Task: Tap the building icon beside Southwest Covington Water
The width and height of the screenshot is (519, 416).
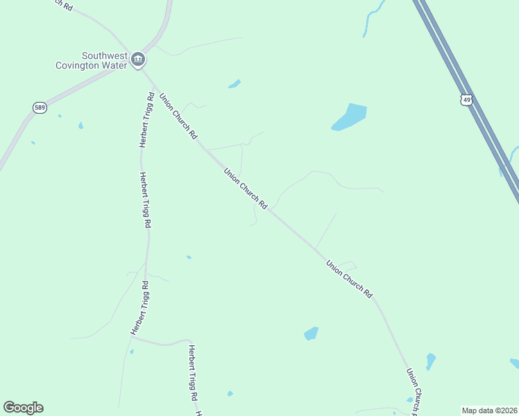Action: coord(138,60)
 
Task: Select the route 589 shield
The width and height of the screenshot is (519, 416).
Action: coord(40,107)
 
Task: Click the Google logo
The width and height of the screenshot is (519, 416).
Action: coord(23,408)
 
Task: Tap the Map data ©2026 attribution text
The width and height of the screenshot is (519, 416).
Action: coord(489,410)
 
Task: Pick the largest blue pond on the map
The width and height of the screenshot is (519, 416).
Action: coord(350,116)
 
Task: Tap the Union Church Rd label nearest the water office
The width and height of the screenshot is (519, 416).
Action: coord(178,116)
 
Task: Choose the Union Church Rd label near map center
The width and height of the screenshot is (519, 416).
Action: coord(246,187)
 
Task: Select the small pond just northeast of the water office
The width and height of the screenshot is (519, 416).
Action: coord(235,85)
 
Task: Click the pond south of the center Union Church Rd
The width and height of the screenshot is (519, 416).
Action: coord(311,333)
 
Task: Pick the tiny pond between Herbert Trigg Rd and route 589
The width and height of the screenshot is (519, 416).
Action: coord(80,125)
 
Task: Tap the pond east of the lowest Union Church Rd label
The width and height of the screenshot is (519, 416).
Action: coord(431,361)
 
